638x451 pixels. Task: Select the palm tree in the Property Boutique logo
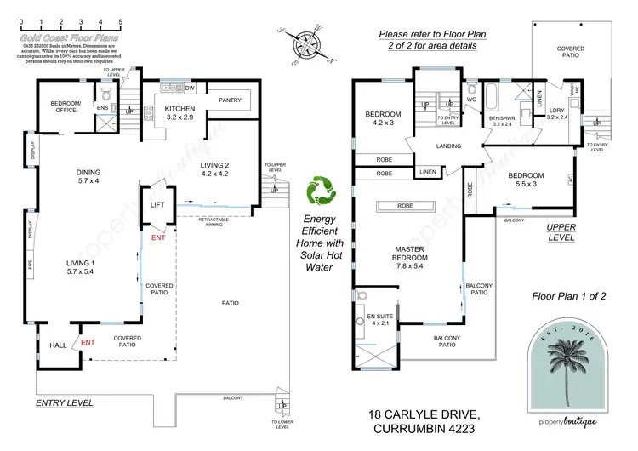coord(567,374)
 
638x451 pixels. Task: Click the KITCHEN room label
coord(180,109)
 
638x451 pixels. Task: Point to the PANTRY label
coord(230,100)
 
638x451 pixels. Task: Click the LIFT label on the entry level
coord(157,205)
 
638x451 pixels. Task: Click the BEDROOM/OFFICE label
coord(63,107)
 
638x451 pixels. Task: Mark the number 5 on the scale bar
coord(120,19)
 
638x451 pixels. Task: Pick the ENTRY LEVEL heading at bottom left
coord(64,402)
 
